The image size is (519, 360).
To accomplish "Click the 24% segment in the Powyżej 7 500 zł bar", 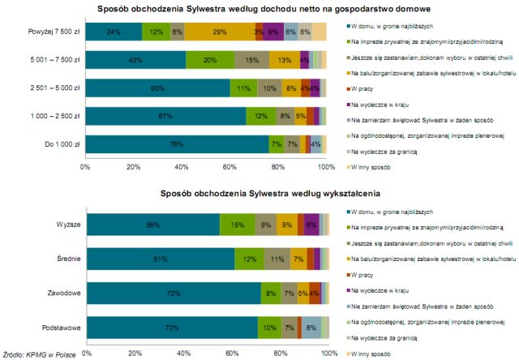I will click(114, 32).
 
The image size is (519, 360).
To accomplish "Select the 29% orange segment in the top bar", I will click(218, 32).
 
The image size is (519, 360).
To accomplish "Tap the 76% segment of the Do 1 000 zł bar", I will click(177, 144).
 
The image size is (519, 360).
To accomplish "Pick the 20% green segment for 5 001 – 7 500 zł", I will click(209, 60).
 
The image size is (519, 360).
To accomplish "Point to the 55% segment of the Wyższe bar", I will click(152, 224).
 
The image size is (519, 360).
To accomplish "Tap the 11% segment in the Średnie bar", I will click(277, 259).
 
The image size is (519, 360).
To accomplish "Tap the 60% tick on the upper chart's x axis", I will click(229, 168).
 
